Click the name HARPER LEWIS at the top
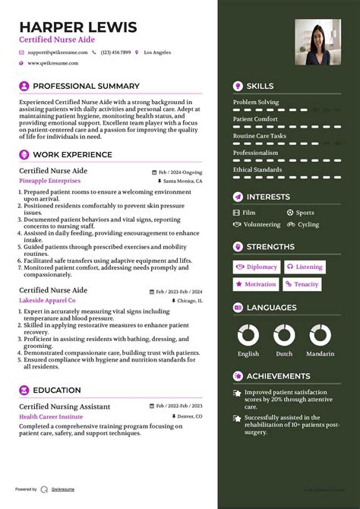77,27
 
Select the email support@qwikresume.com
58,52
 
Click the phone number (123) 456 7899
115,52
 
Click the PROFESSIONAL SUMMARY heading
86,87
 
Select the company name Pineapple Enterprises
49,182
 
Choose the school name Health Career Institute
51,417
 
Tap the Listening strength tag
304,267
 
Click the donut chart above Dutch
284,335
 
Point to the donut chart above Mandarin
321,335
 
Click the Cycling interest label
308,225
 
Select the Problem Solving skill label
255,103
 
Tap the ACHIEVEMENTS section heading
278,376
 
